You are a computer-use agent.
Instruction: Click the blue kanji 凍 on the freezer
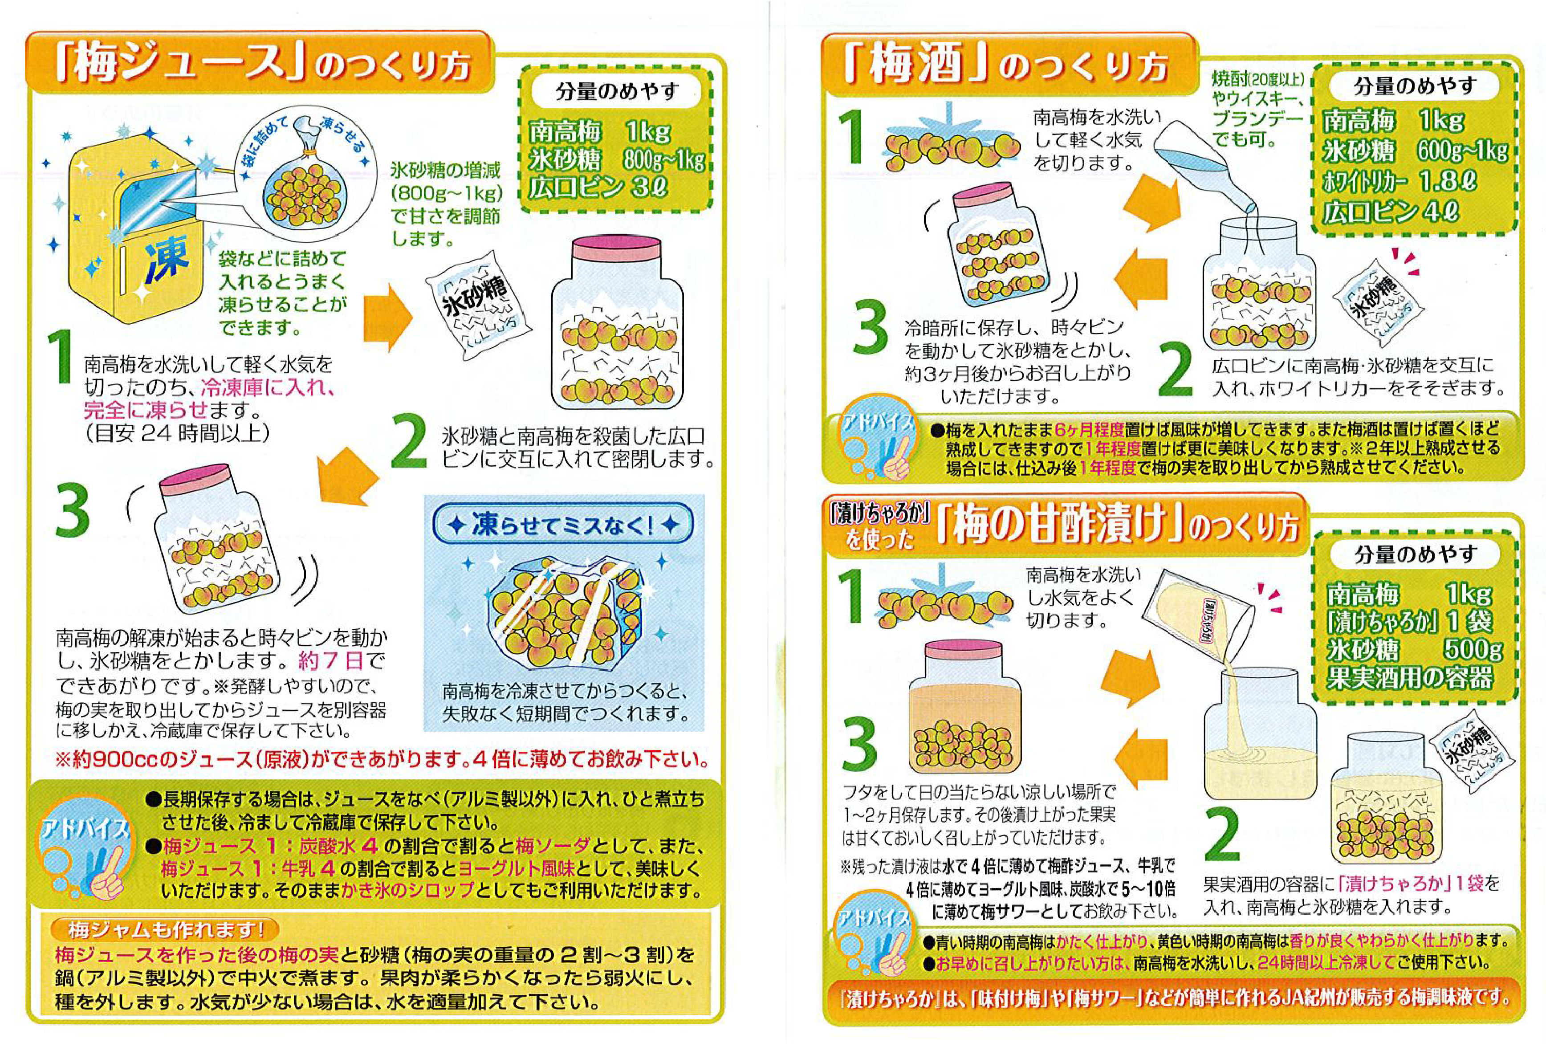(x=166, y=259)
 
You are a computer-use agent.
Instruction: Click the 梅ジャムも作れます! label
(x=166, y=928)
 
